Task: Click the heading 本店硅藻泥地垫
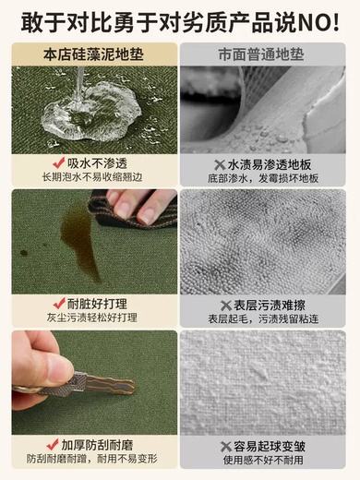click(93, 54)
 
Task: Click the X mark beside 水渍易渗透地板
click(216, 162)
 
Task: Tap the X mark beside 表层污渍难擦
click(222, 304)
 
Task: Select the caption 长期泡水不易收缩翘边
click(93, 176)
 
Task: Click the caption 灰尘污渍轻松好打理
click(93, 317)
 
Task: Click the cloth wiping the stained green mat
click(138, 208)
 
